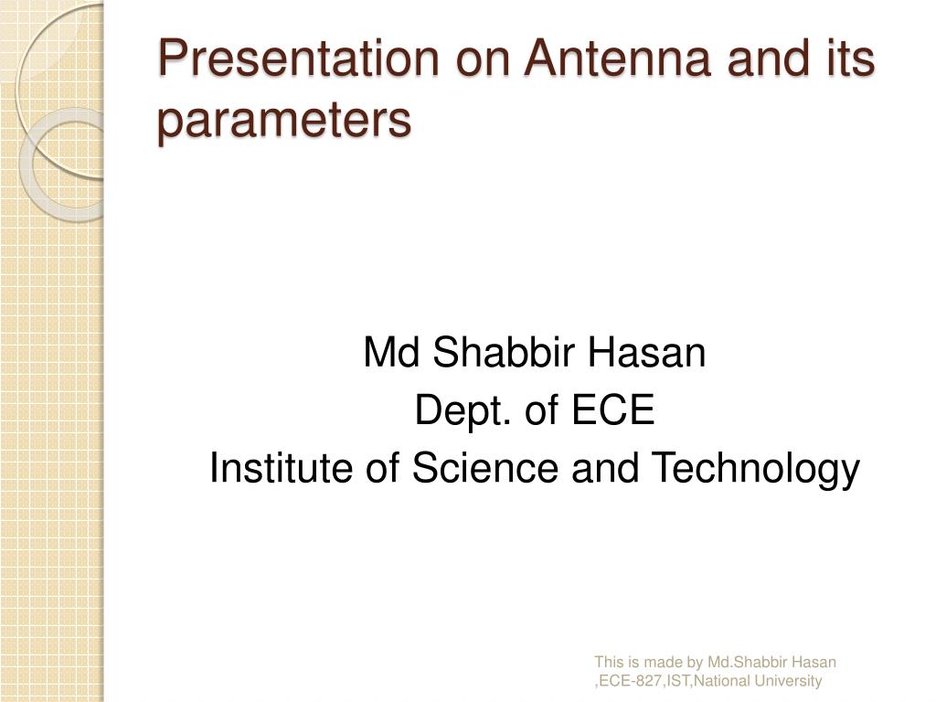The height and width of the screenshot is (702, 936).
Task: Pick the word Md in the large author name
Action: click(391, 353)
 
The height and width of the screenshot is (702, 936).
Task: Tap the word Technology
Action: click(755, 469)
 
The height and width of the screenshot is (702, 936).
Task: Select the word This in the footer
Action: click(609, 663)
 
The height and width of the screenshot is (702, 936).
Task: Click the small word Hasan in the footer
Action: click(815, 663)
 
